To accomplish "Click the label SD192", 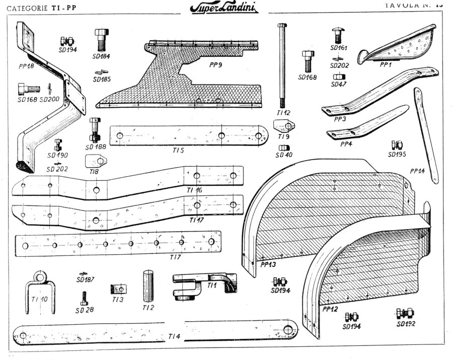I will click(406, 324).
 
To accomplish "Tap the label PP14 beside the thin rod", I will click(417, 170).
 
